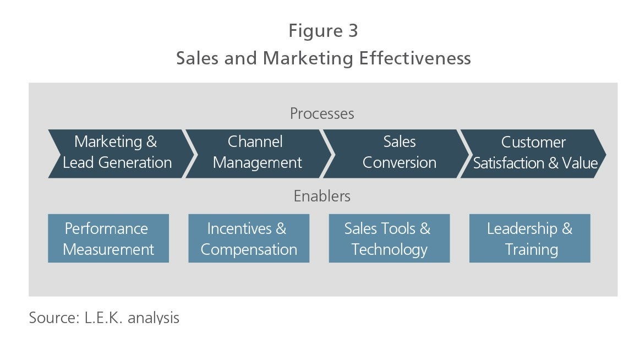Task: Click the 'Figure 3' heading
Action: (x=323, y=31)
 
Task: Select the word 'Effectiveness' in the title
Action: (x=415, y=58)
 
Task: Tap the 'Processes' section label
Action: (x=322, y=113)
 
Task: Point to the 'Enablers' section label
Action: (x=322, y=196)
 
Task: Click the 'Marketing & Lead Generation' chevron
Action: (x=121, y=154)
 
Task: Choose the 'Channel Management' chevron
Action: (x=259, y=154)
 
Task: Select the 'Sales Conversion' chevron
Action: (x=397, y=154)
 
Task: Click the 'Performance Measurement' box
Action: (x=108, y=238)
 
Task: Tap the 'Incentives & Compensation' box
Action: (x=249, y=238)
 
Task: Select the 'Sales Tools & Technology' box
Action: (x=389, y=238)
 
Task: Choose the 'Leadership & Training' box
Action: (x=529, y=238)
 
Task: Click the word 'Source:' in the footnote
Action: (x=54, y=318)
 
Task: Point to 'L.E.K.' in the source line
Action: (x=103, y=318)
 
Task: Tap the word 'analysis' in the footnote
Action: (x=153, y=318)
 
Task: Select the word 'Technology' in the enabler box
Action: (x=390, y=249)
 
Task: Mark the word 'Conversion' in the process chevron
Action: (x=400, y=162)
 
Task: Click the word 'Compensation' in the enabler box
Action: (x=249, y=249)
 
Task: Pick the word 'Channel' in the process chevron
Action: (x=255, y=141)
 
